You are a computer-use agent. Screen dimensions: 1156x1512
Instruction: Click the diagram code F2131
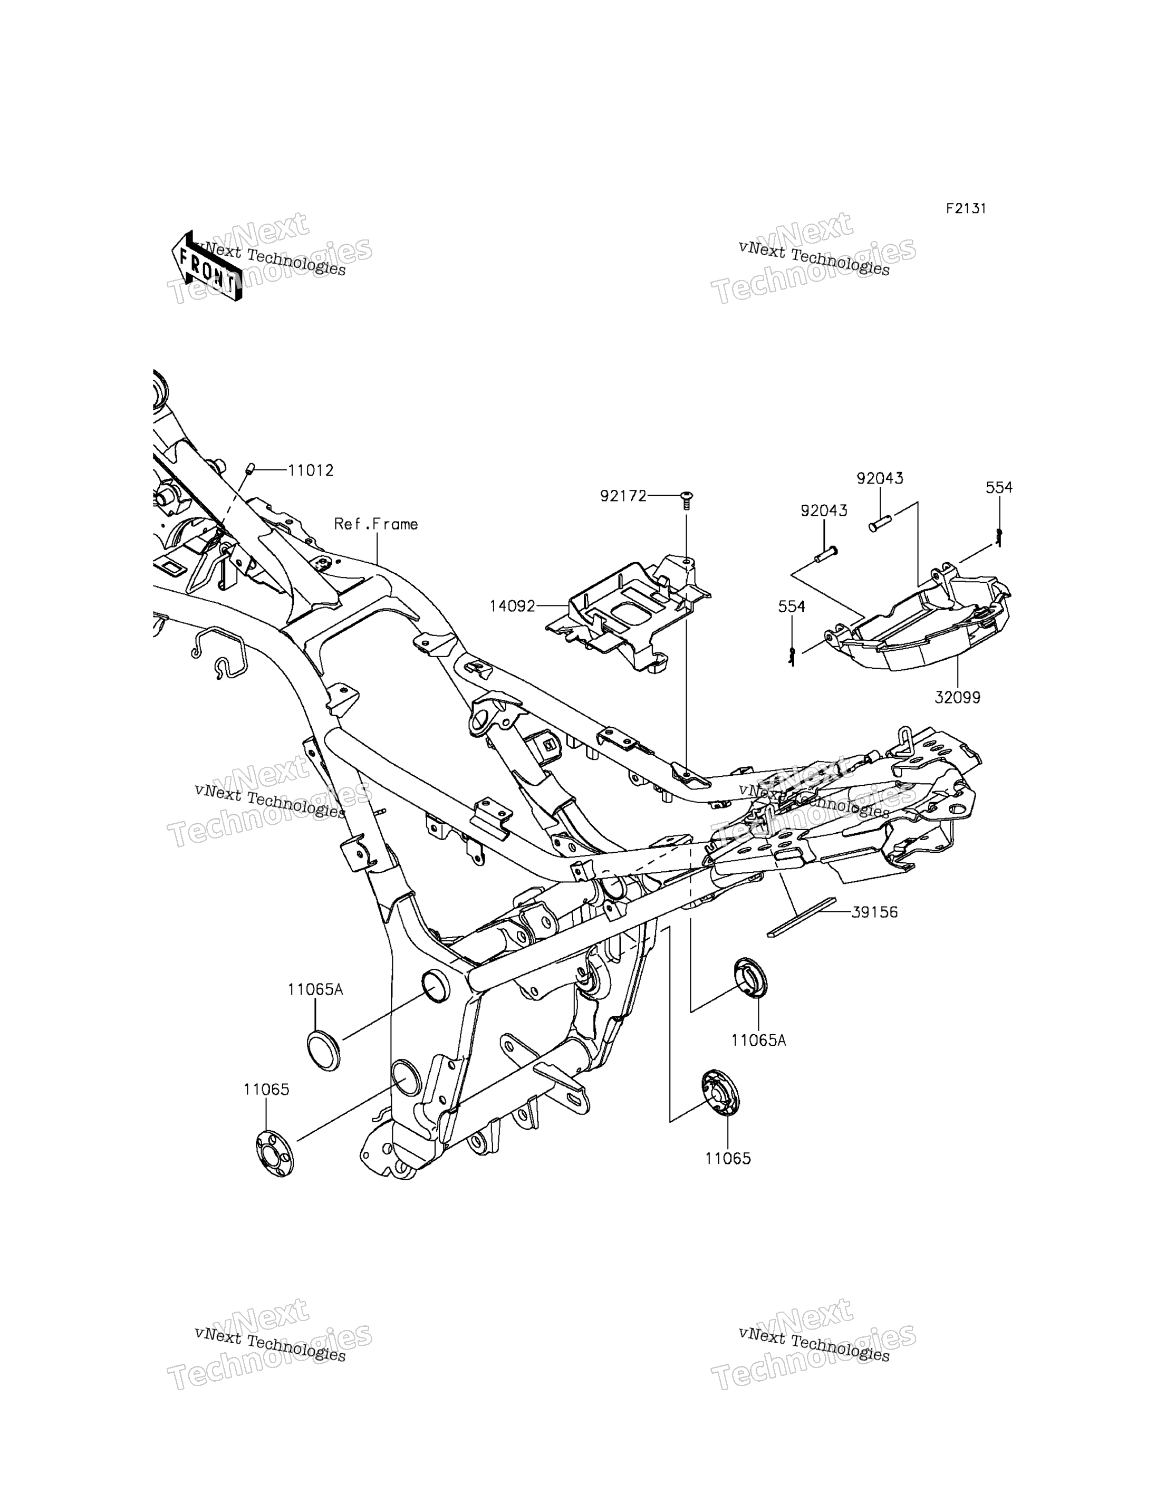(x=966, y=208)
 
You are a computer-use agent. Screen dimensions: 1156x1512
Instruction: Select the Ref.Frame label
(x=375, y=524)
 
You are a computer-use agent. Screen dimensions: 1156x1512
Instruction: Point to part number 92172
(x=623, y=496)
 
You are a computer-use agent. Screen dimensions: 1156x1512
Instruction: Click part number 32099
(x=957, y=697)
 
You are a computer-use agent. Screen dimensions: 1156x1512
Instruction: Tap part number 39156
(x=874, y=912)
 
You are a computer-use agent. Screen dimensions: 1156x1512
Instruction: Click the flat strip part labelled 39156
(x=802, y=918)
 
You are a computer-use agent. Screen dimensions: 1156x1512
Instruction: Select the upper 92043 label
(x=880, y=478)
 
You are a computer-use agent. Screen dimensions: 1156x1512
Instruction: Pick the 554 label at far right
(x=999, y=487)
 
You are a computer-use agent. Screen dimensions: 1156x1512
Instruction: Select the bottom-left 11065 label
(x=266, y=1090)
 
